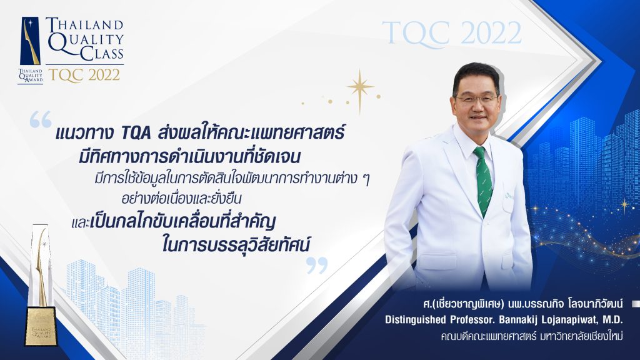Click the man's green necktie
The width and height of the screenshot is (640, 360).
(483, 179)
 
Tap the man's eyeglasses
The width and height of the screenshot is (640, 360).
(476, 99)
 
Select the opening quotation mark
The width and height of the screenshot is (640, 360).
(41, 119)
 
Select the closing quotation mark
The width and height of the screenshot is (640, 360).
(317, 265)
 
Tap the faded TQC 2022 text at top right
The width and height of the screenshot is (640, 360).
(452, 32)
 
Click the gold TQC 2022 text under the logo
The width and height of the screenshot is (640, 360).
(84, 75)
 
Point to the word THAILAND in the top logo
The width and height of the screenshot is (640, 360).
(84, 24)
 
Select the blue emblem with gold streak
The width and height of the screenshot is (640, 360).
(30, 41)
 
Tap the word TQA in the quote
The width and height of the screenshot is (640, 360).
(137, 133)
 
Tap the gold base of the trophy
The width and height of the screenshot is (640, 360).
(41, 327)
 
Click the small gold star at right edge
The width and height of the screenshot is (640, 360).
(624, 206)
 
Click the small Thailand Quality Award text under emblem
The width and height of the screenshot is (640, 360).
(30, 76)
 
